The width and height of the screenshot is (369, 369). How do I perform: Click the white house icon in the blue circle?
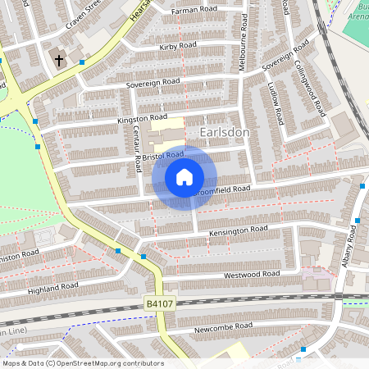point(184,176)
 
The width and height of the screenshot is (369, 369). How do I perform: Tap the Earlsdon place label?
point(224,131)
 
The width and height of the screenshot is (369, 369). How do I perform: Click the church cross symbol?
point(59,59)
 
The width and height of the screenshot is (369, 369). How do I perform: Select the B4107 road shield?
point(161,303)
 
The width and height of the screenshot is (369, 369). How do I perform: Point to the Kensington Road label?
point(239,230)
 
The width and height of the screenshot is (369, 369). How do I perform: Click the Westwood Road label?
point(252,275)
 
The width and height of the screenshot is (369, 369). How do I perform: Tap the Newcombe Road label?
point(223,326)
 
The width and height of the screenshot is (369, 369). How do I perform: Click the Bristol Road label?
point(162,155)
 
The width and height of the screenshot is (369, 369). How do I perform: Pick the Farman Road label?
point(194,11)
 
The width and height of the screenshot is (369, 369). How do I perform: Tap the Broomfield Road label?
point(221,189)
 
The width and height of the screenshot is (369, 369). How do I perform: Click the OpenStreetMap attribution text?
point(82,363)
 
